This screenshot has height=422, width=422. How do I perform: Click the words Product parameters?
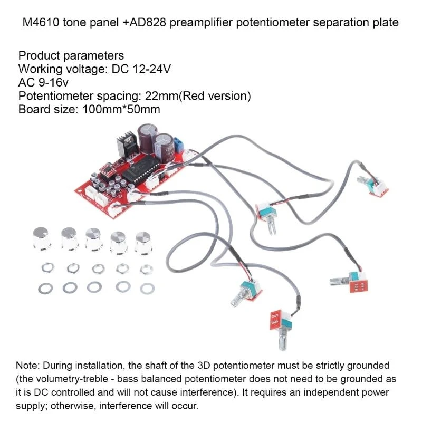[71, 55]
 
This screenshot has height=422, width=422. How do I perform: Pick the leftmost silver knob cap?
[41, 238]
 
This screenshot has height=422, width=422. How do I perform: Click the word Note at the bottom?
[27, 366]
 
